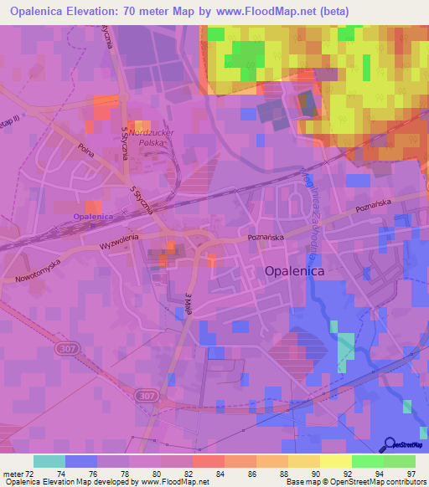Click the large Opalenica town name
click(x=296, y=272)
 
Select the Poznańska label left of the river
click(x=261, y=238)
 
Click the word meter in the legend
click(x=13, y=473)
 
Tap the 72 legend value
click(x=33, y=473)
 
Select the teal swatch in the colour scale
click(x=49, y=461)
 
